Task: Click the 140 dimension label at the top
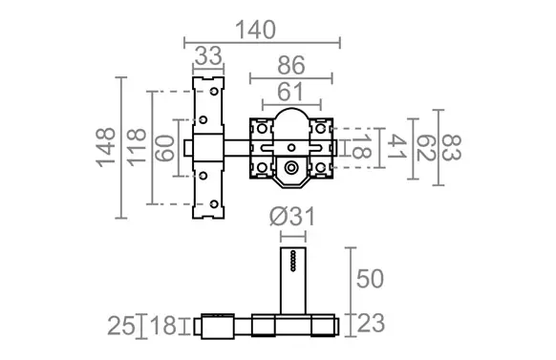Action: tap(255, 31)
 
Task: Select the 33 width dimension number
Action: tap(208, 56)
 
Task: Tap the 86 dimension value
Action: tap(291, 66)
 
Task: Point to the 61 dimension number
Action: tap(290, 92)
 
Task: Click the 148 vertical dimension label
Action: tap(106, 147)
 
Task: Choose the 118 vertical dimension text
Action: tap(137, 148)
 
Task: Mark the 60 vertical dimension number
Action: tap(165, 148)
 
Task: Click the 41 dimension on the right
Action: tap(397, 147)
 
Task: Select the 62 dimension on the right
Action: tap(425, 148)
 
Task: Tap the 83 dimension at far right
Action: tap(452, 148)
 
